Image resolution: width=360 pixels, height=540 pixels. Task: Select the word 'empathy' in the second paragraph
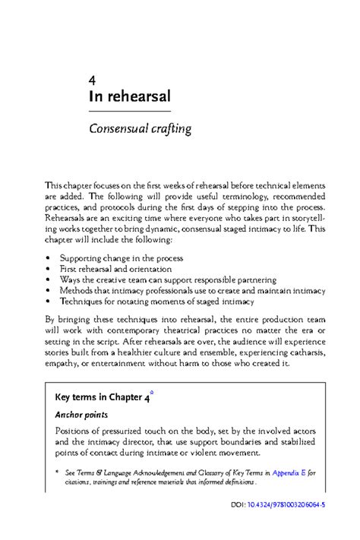click(x=65, y=363)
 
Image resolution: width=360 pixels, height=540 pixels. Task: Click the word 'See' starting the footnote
click(x=71, y=472)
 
